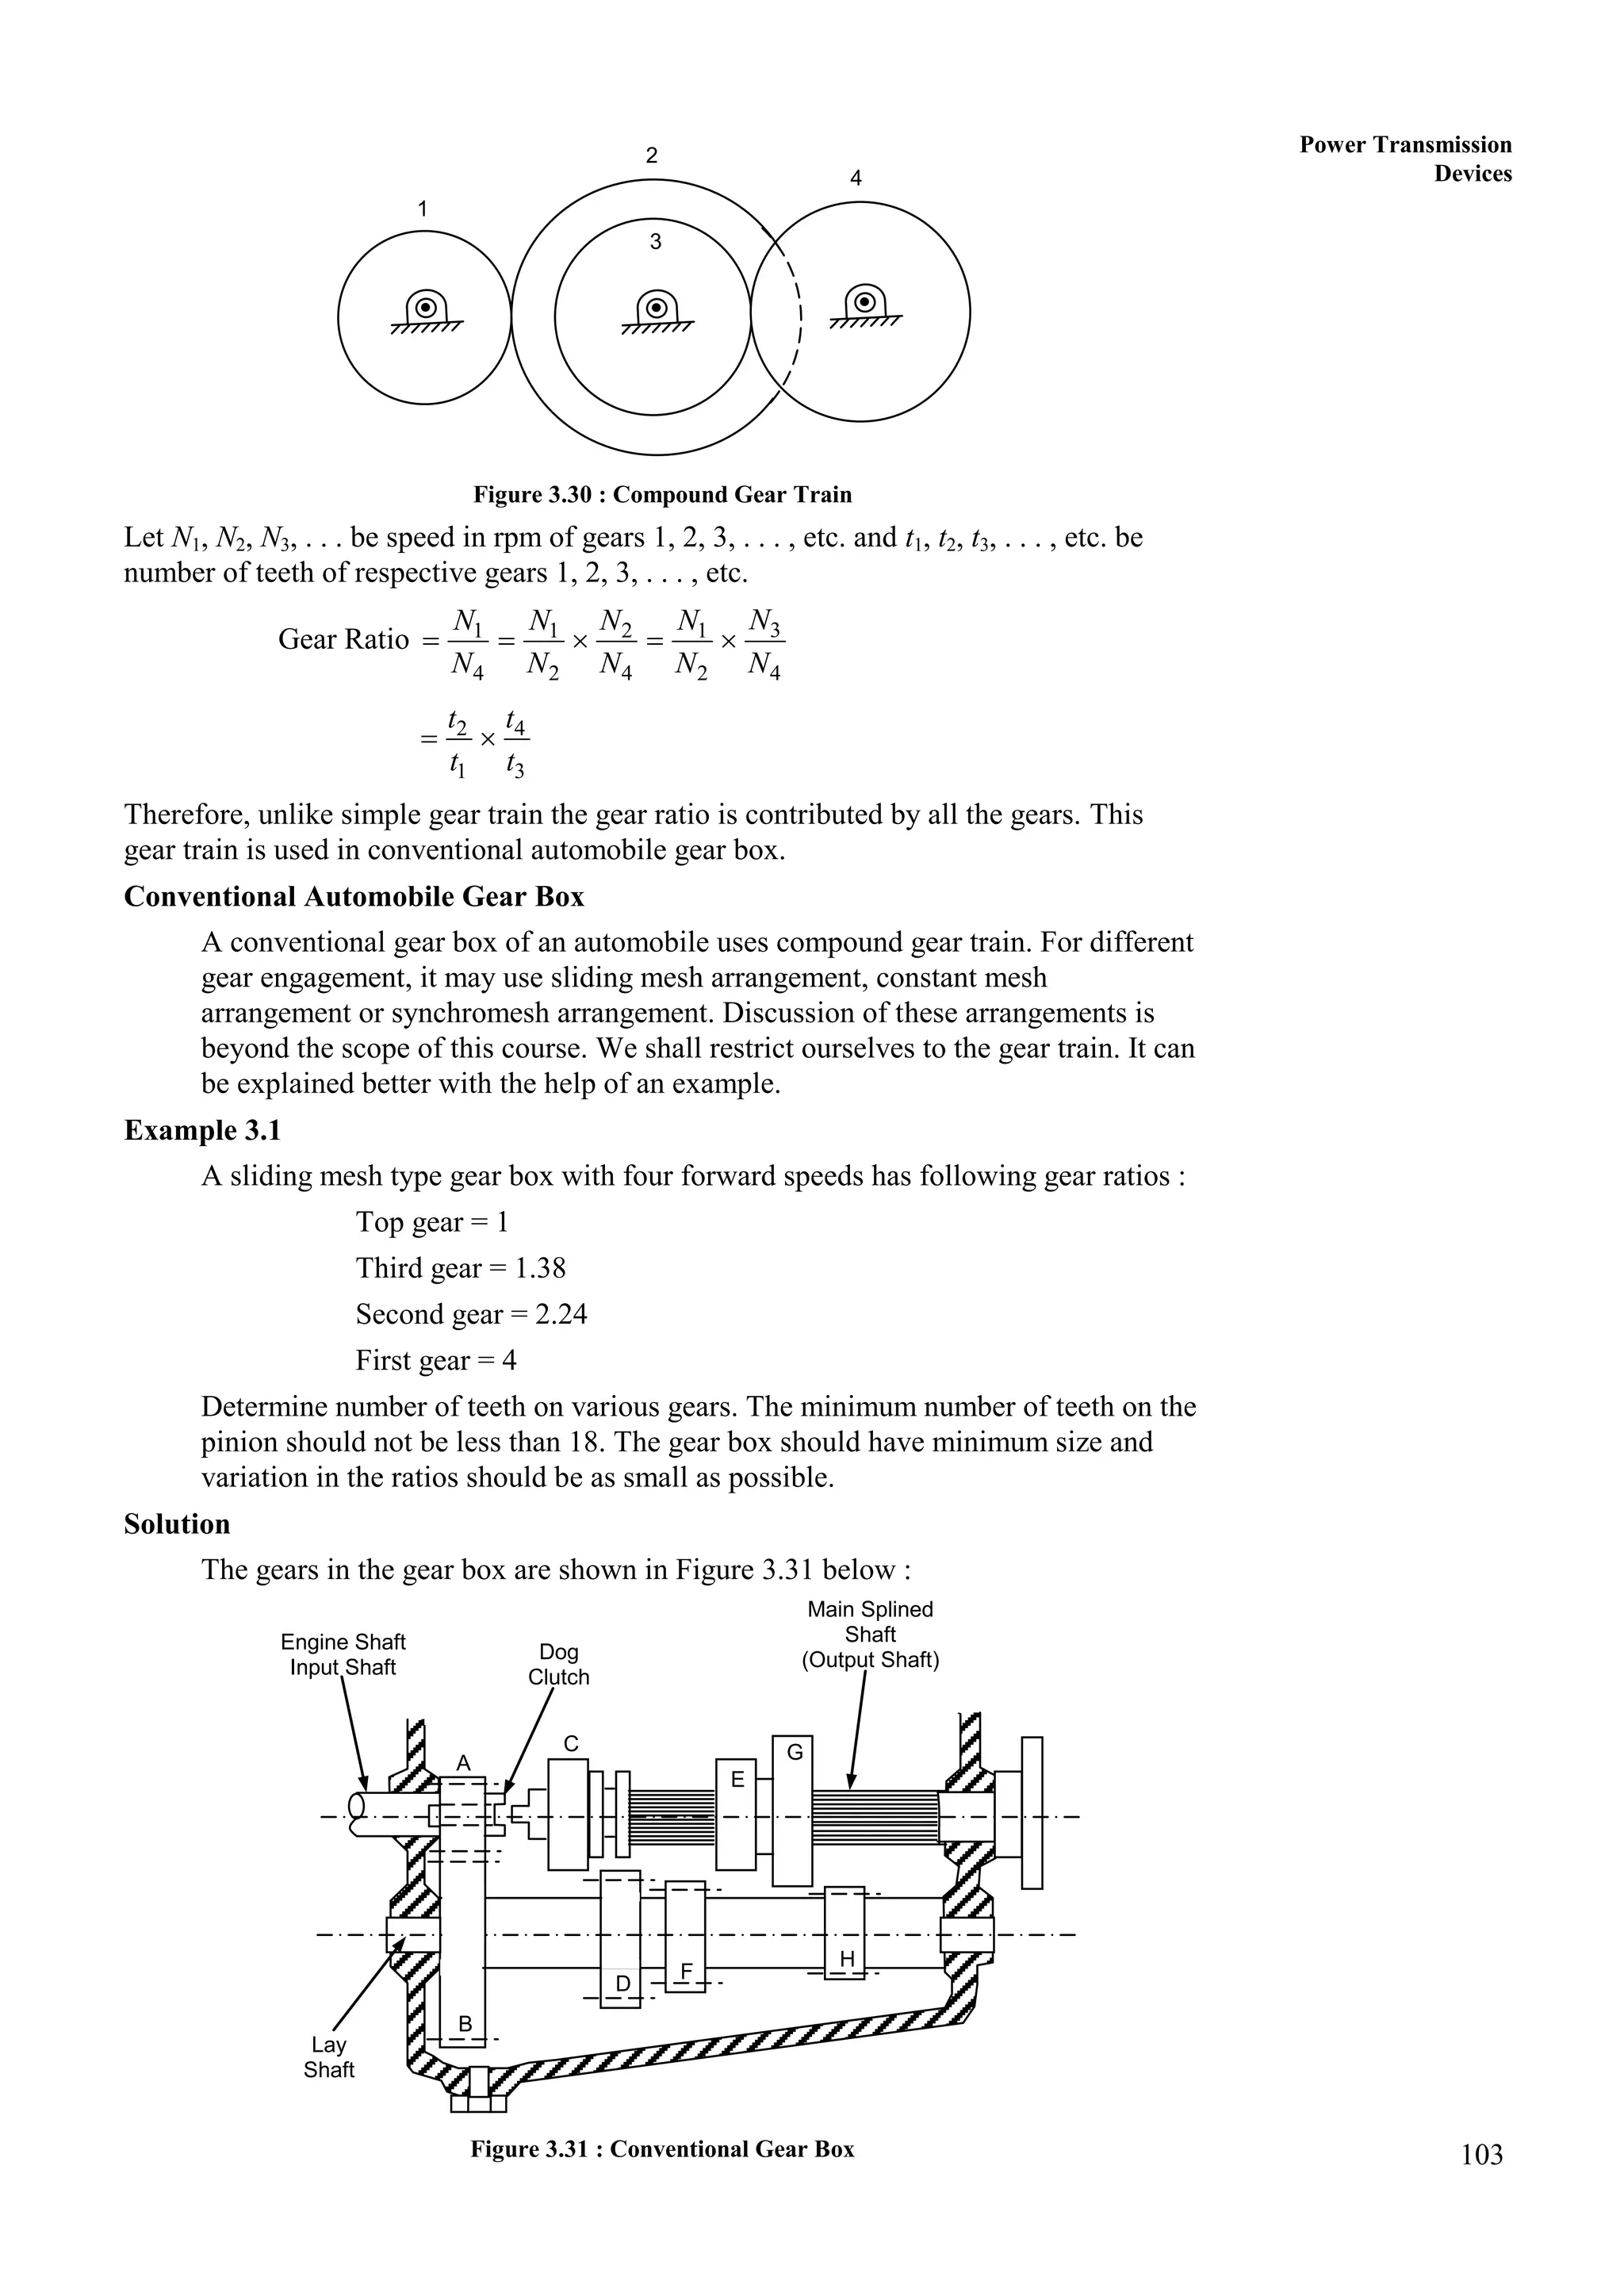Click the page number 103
tap(1481, 2154)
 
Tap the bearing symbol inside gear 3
tap(656, 308)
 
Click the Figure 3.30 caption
tap(662, 495)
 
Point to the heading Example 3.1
tap(202, 1130)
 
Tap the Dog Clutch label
tap(558, 1665)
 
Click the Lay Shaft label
tap(328, 2057)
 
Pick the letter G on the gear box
tap(795, 1752)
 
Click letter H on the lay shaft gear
tap(847, 1959)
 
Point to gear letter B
tap(464, 2024)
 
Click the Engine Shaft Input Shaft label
tap(343, 1654)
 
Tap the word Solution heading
tap(177, 1524)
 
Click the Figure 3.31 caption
tap(662, 2149)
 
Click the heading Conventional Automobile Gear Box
tap(354, 896)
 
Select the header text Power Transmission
tap(1405, 145)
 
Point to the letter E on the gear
tap(738, 1779)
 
